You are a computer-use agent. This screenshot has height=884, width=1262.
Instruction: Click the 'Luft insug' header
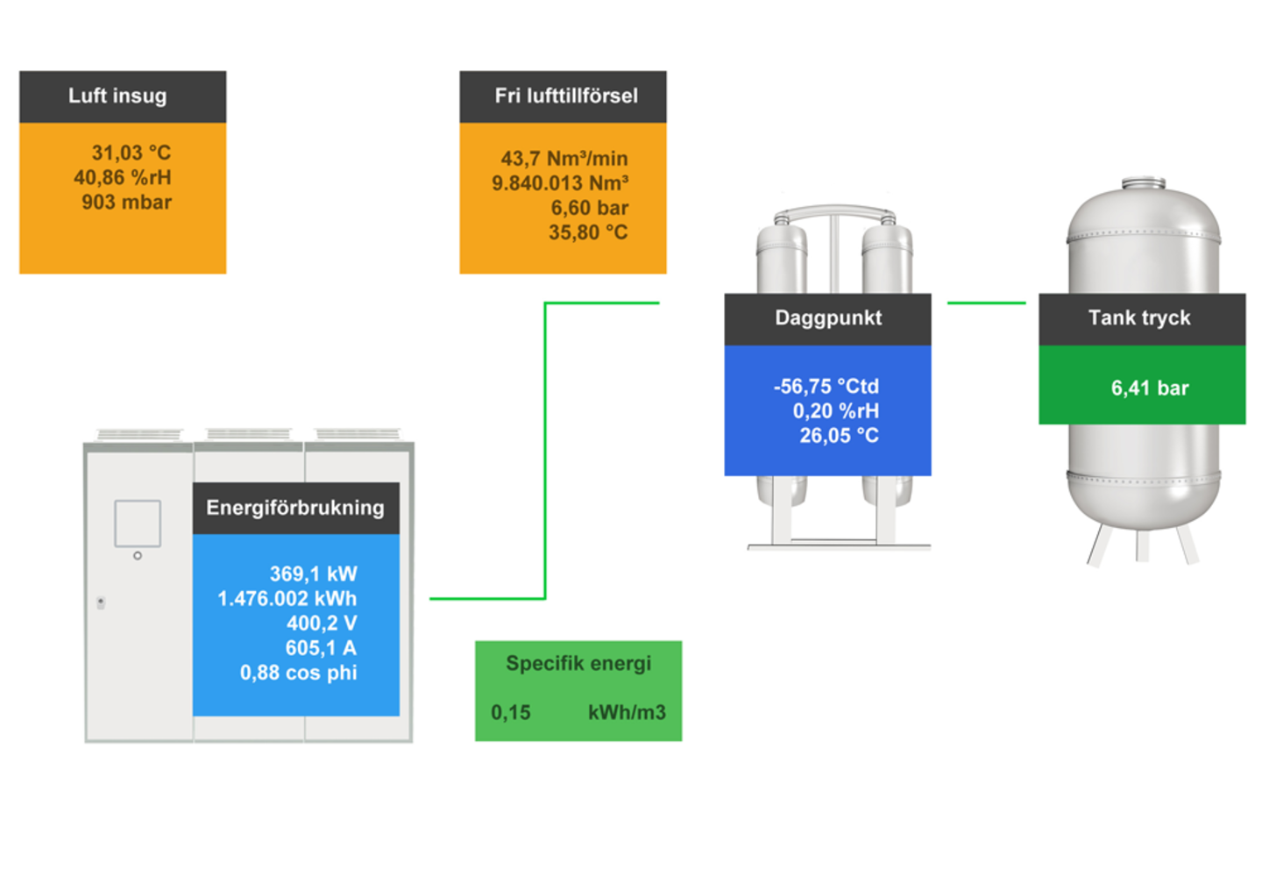click(x=117, y=96)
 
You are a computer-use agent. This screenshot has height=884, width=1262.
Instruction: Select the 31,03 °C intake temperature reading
click(x=131, y=153)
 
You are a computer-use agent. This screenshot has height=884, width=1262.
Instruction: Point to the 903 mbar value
click(x=126, y=202)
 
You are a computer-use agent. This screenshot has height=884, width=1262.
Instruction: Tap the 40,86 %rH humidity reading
click(x=123, y=177)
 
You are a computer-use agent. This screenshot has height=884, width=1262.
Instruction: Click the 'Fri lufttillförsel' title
click(x=566, y=96)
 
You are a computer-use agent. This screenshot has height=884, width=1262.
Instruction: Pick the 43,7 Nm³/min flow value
click(x=564, y=159)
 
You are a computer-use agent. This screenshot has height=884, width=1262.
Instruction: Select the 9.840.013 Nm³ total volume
click(x=560, y=183)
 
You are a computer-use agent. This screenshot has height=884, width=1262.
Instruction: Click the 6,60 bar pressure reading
click(x=589, y=208)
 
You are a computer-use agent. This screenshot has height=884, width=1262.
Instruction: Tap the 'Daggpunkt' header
click(x=828, y=317)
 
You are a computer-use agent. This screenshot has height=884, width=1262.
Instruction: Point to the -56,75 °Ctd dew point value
click(x=826, y=386)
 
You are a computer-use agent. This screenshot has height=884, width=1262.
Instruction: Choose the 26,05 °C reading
click(x=839, y=435)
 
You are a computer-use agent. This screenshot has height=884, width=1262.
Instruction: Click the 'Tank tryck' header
click(x=1139, y=317)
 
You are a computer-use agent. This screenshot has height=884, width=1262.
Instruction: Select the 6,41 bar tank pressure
click(x=1150, y=388)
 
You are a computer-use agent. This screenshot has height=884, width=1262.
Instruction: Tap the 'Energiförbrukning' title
click(x=295, y=507)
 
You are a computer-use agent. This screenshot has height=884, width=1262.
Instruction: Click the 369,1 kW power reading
click(x=313, y=574)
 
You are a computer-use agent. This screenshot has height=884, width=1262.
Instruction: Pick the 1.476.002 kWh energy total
click(x=287, y=598)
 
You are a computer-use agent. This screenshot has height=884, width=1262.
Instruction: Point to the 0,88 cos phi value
click(x=299, y=673)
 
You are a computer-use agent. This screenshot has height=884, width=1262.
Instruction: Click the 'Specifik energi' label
click(x=578, y=663)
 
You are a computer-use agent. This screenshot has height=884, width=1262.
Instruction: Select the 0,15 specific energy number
click(x=511, y=712)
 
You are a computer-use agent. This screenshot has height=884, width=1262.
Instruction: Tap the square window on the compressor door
click(x=138, y=523)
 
